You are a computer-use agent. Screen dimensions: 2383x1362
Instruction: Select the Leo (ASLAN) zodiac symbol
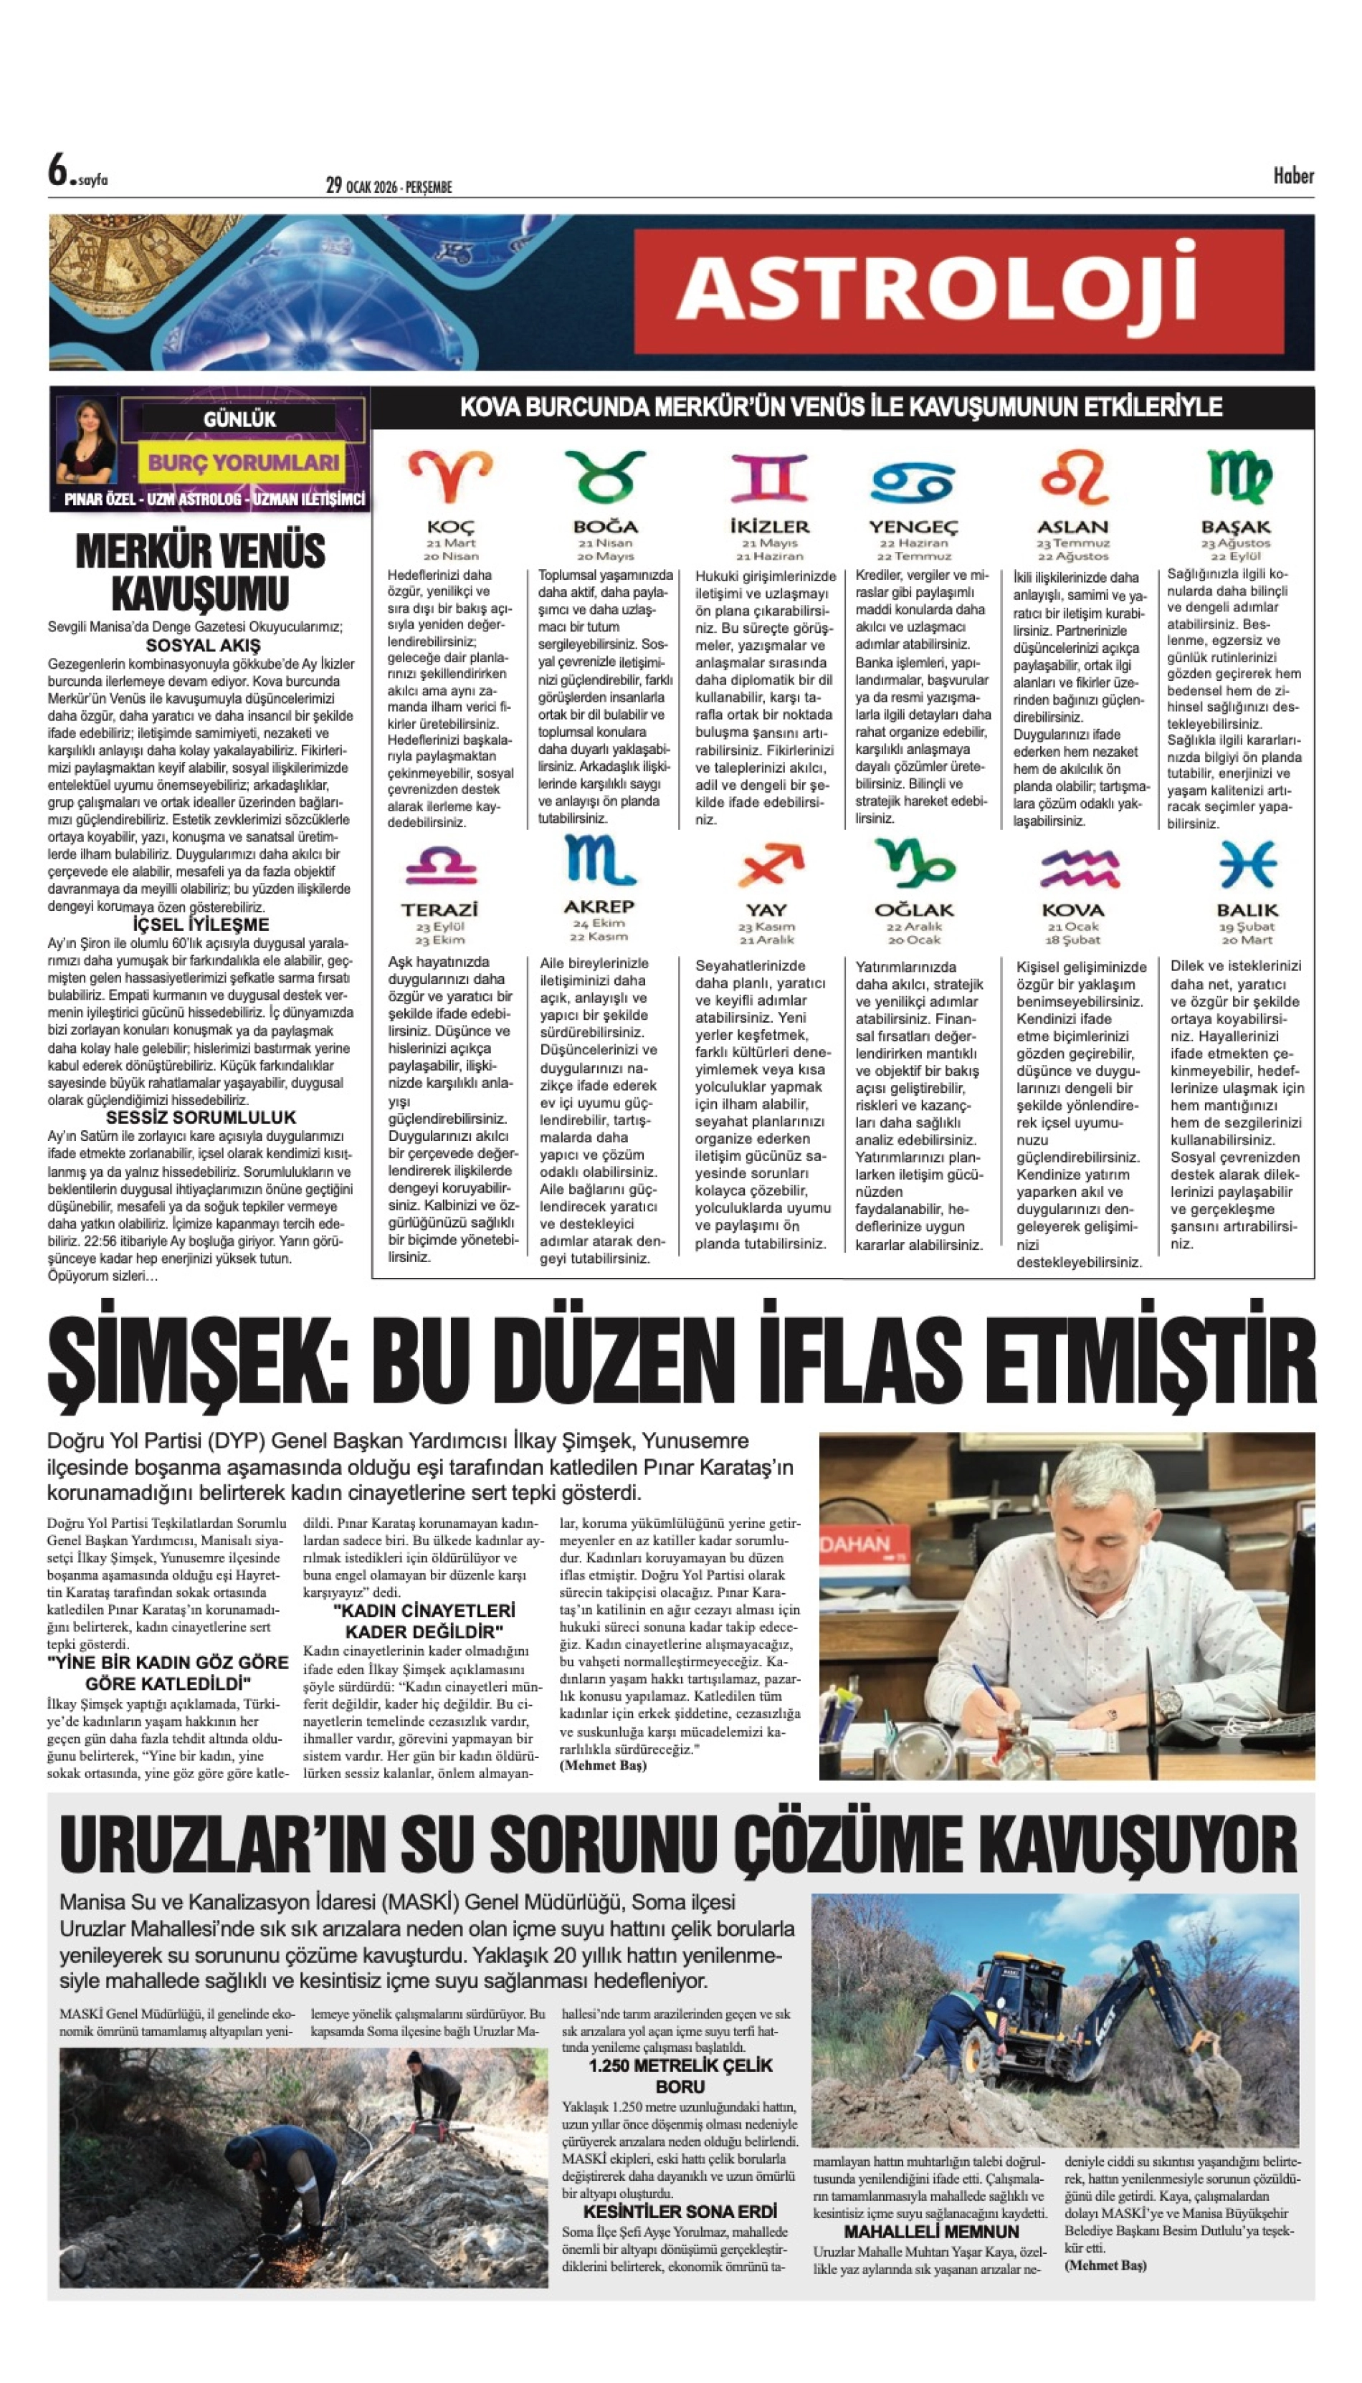point(1073,478)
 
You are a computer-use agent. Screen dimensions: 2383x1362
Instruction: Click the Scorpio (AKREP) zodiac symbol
point(599,861)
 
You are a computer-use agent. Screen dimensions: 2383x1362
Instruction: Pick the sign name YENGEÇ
point(913,527)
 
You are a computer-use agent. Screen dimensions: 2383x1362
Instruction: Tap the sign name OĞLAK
point(914,910)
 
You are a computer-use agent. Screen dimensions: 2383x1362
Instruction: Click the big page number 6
point(59,171)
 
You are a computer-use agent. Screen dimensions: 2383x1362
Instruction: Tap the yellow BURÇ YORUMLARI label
point(243,462)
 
